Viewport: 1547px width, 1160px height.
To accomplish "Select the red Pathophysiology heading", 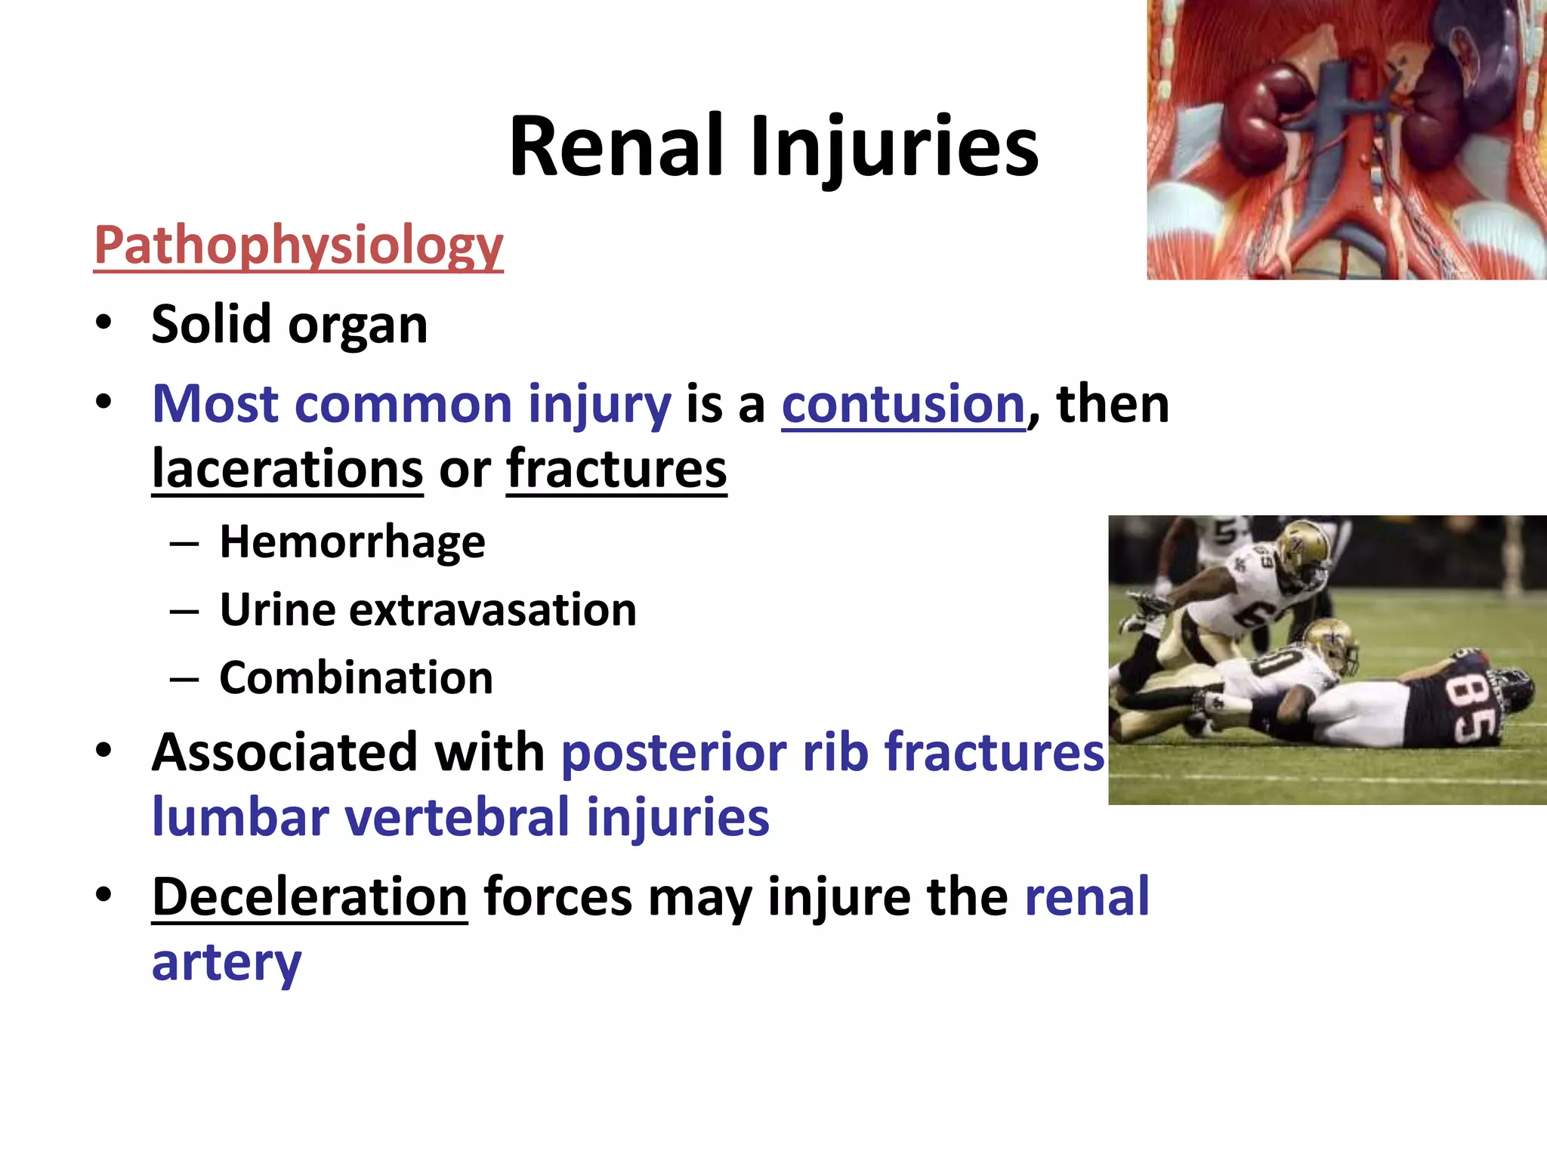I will (298, 245).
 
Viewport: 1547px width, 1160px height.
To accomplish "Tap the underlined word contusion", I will (903, 404).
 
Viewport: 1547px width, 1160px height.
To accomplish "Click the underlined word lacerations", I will (287, 470).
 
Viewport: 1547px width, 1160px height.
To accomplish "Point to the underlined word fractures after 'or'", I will (616, 470).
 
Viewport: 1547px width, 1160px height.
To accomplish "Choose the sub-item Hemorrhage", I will (352, 542).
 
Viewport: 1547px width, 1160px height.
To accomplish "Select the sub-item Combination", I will (356, 678).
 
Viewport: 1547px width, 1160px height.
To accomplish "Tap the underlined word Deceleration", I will (310, 897).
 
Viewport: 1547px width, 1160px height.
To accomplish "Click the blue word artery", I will (227, 963).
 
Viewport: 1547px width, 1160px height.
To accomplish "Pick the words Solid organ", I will (289, 325).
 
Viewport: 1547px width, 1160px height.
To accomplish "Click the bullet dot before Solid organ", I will (103, 323).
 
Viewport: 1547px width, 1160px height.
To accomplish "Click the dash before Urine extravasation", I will (184, 611).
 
